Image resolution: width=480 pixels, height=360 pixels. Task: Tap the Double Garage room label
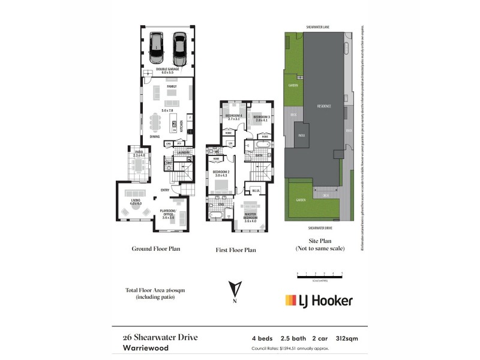tap(168, 70)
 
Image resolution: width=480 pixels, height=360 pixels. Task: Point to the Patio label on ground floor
tap(139, 153)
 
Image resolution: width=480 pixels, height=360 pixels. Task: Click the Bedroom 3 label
tap(260, 116)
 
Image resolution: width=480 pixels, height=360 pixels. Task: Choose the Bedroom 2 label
tap(221, 173)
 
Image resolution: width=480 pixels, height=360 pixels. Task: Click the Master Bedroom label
tap(250, 215)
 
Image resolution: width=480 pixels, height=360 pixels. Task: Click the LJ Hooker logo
tap(319, 300)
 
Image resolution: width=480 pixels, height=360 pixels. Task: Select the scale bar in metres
tap(320, 275)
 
